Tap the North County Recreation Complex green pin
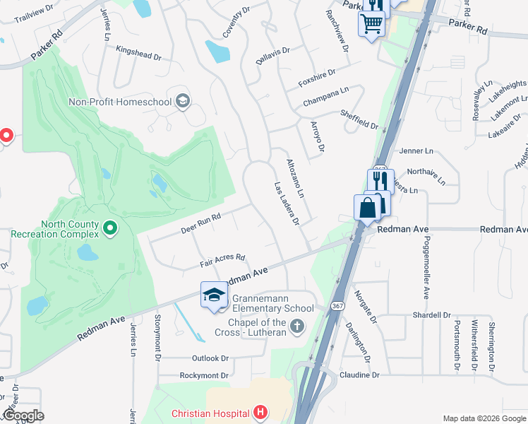click(x=109, y=228)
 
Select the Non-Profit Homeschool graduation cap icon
click(x=183, y=101)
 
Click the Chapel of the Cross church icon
click(x=297, y=326)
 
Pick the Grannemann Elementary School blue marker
click(x=214, y=295)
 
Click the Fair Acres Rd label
click(x=222, y=261)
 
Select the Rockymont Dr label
click(x=204, y=375)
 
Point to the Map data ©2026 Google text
click(x=484, y=418)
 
